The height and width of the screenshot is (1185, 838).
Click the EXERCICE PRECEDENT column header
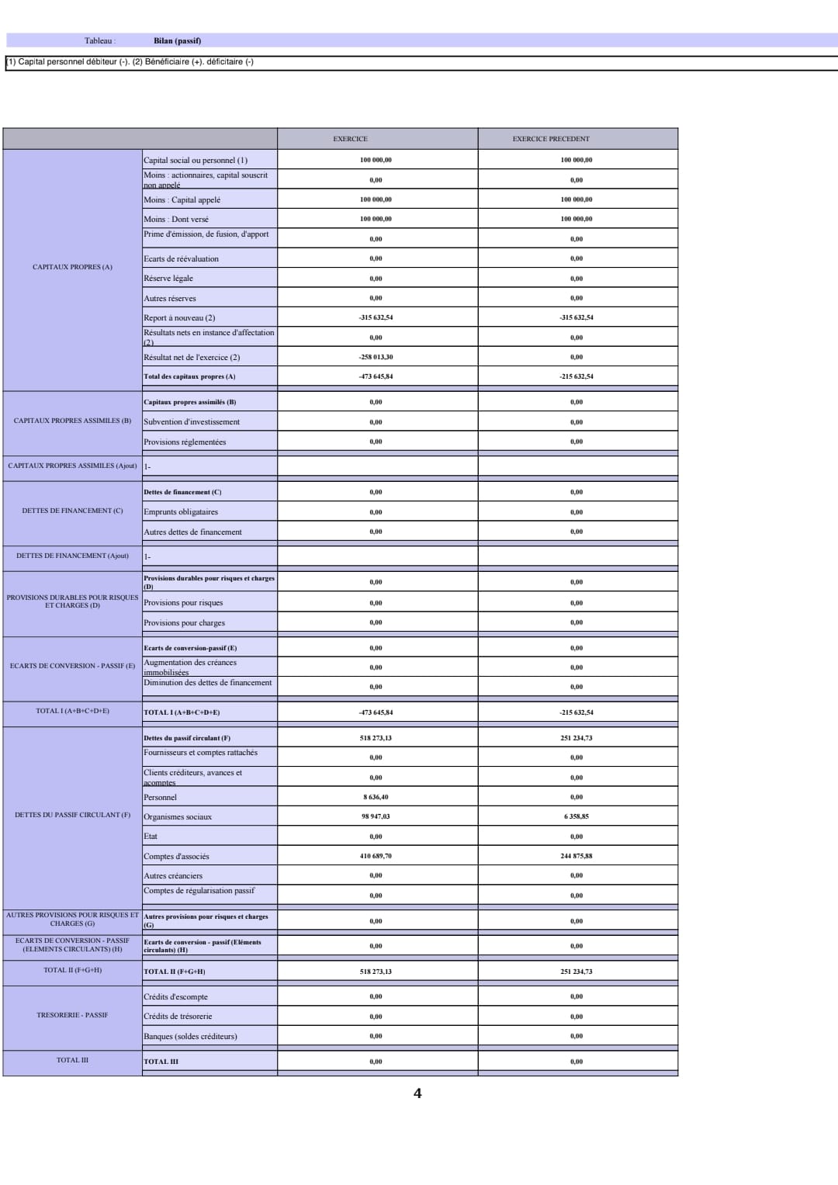click(551, 139)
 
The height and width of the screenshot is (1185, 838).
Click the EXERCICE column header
click(350, 139)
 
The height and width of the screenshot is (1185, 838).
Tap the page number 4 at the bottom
click(417, 1093)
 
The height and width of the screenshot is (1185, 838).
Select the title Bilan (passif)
click(177, 40)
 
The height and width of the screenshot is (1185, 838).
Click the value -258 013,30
click(376, 357)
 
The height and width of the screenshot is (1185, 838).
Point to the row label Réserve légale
click(168, 279)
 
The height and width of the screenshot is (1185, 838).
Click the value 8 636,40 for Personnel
click(376, 797)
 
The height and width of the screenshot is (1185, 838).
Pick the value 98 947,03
click(376, 816)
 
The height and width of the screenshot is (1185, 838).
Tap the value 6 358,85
click(577, 816)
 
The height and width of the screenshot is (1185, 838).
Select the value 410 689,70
click(376, 856)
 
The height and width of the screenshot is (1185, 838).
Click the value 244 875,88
click(577, 856)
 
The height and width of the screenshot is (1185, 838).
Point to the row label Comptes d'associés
click(176, 857)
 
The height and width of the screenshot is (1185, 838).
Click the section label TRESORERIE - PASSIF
click(72, 1015)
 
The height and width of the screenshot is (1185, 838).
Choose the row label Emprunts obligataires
click(181, 512)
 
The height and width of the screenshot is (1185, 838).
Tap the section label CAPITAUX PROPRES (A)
click(72, 267)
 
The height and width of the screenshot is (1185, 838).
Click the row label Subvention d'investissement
click(192, 422)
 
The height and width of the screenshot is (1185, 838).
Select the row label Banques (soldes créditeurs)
click(190, 1037)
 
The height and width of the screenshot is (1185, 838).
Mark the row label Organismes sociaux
click(178, 817)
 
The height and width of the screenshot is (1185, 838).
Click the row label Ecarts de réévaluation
click(181, 259)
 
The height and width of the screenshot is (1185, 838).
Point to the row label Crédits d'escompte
click(175, 997)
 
